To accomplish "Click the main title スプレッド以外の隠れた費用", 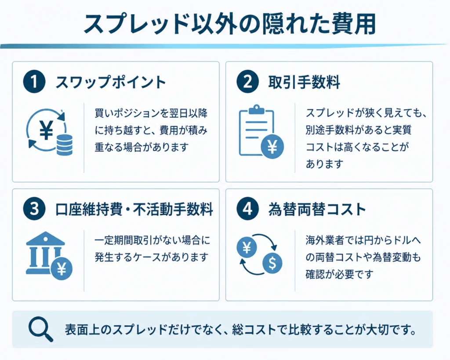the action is coord(229,24).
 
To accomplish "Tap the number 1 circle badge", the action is coord(34,82).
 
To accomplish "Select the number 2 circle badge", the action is coord(248,82).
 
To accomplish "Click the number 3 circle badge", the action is coord(34,209).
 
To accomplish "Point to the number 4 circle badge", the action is coord(248,209).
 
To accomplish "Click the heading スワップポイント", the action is coord(110,82).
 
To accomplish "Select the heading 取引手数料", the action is coord(304,82).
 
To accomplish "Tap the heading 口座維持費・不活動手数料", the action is coord(134,209).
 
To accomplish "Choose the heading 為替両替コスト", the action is coord(317,209).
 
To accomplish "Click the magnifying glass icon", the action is coord(40,329).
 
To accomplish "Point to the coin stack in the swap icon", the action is coord(65,145).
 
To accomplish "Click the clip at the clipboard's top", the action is coord(257,109).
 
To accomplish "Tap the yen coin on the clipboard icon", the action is coord(272,147).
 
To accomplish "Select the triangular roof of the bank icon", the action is coord(45,238).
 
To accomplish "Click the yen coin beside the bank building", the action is coord(62,269).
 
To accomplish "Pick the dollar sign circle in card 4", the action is coord(272,263).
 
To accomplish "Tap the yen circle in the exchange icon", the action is coord(247,247).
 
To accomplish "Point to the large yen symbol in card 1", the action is coord(46,130).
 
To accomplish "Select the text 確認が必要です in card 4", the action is coord(339,274).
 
